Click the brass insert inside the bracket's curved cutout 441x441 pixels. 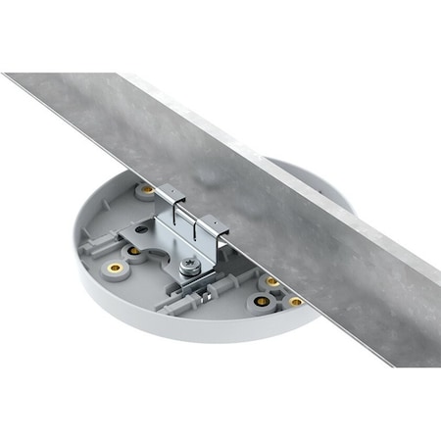[134, 251]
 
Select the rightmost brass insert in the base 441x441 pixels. [295, 302]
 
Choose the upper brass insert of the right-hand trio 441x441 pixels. [272, 282]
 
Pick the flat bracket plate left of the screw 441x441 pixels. [157, 235]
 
